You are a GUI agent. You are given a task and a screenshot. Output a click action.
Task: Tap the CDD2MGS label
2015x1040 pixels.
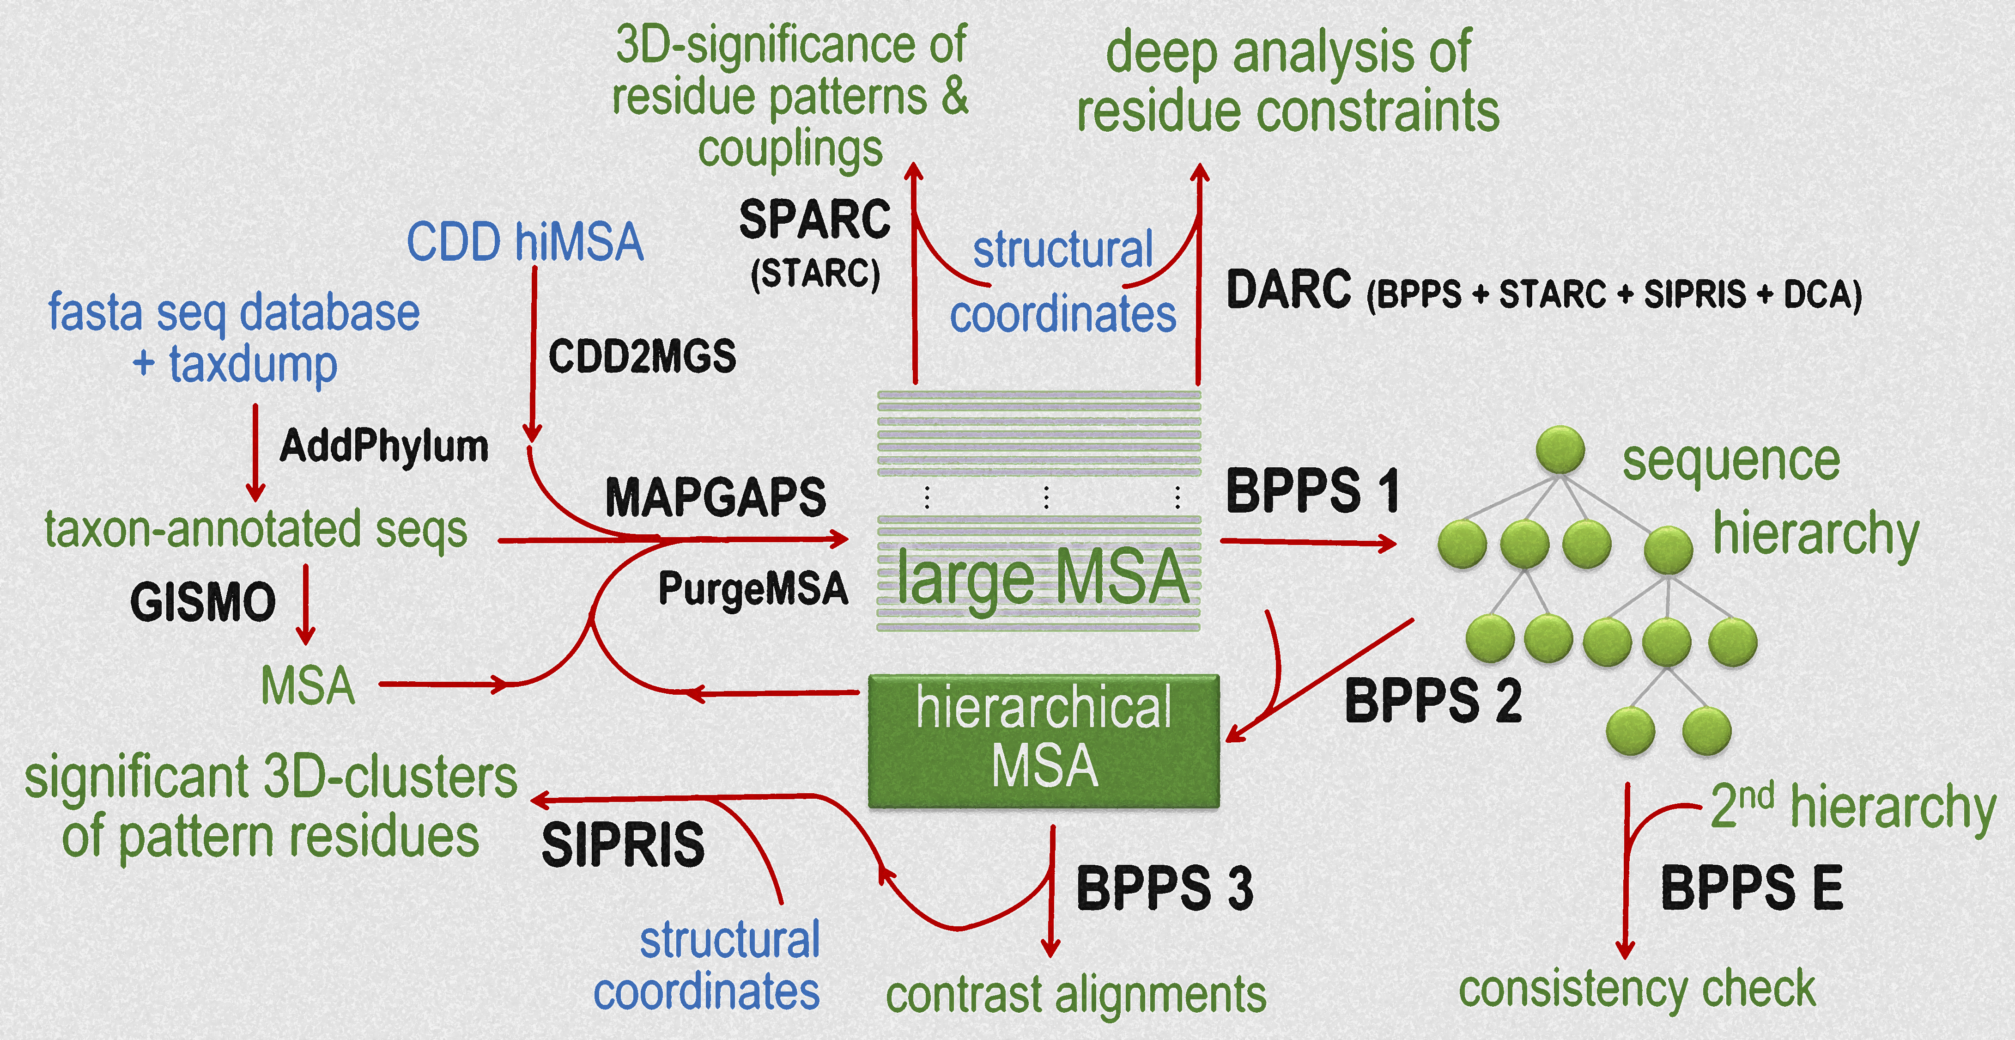(x=642, y=357)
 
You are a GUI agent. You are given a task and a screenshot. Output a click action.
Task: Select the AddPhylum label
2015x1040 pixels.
(x=384, y=446)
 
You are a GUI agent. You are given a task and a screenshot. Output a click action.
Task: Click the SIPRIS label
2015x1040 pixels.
(x=623, y=845)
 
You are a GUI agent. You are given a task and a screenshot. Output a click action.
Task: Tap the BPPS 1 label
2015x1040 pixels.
(x=1312, y=491)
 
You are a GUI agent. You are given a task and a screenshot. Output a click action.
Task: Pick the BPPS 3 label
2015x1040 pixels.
(x=1164, y=888)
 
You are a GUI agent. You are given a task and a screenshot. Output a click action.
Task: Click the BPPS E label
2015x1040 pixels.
(x=1751, y=888)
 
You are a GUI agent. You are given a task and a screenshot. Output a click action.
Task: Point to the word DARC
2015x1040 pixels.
(x=1288, y=289)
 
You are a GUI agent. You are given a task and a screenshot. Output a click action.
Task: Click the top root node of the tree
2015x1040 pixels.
(x=1560, y=450)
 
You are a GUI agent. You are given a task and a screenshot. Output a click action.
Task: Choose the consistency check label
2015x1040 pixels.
(x=1636, y=989)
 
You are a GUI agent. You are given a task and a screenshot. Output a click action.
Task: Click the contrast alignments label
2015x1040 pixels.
(x=1075, y=995)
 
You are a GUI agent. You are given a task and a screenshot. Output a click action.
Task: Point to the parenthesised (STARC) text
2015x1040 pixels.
(x=815, y=274)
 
